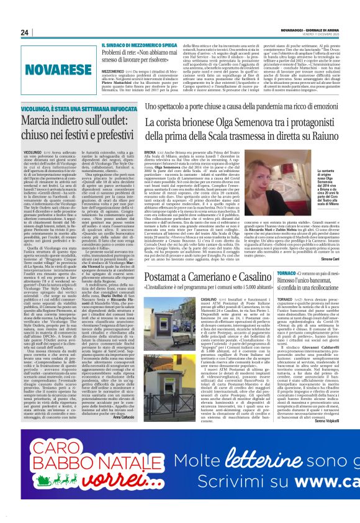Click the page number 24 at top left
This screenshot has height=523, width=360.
point(25,33)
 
